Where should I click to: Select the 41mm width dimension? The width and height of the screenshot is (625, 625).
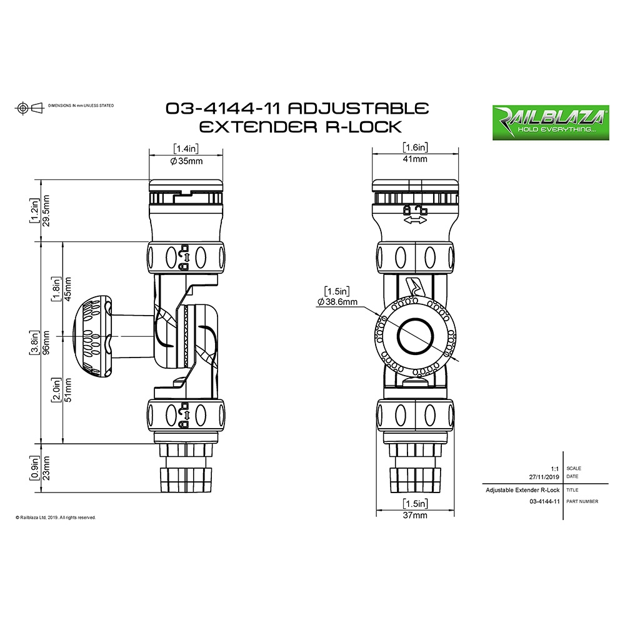click(416, 159)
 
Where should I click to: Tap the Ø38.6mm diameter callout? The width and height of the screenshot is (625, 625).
click(337, 302)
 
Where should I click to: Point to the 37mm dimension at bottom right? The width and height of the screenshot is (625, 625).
click(415, 516)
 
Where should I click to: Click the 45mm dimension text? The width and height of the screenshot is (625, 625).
click(68, 288)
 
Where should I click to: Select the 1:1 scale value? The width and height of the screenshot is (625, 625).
click(554, 467)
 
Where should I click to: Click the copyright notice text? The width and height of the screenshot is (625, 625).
click(56, 517)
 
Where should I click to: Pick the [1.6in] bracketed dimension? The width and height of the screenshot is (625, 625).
click(416, 148)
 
